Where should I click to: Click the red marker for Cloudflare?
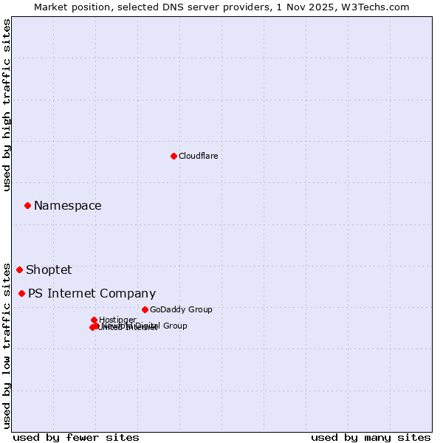(174, 156)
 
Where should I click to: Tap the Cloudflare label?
(198, 156)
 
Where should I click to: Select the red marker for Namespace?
(27, 205)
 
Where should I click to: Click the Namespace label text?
(68, 206)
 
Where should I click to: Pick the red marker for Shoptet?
(20, 269)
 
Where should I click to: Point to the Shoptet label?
(49, 270)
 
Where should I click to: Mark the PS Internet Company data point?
(21, 293)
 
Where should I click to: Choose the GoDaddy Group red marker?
(145, 309)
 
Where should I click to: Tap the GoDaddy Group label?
(181, 309)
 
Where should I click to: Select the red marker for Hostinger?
(94, 320)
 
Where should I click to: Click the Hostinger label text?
(117, 320)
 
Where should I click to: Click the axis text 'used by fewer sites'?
(76, 437)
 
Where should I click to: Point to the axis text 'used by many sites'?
(371, 437)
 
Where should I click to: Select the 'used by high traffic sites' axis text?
(7, 105)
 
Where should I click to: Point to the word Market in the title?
(52, 7)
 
